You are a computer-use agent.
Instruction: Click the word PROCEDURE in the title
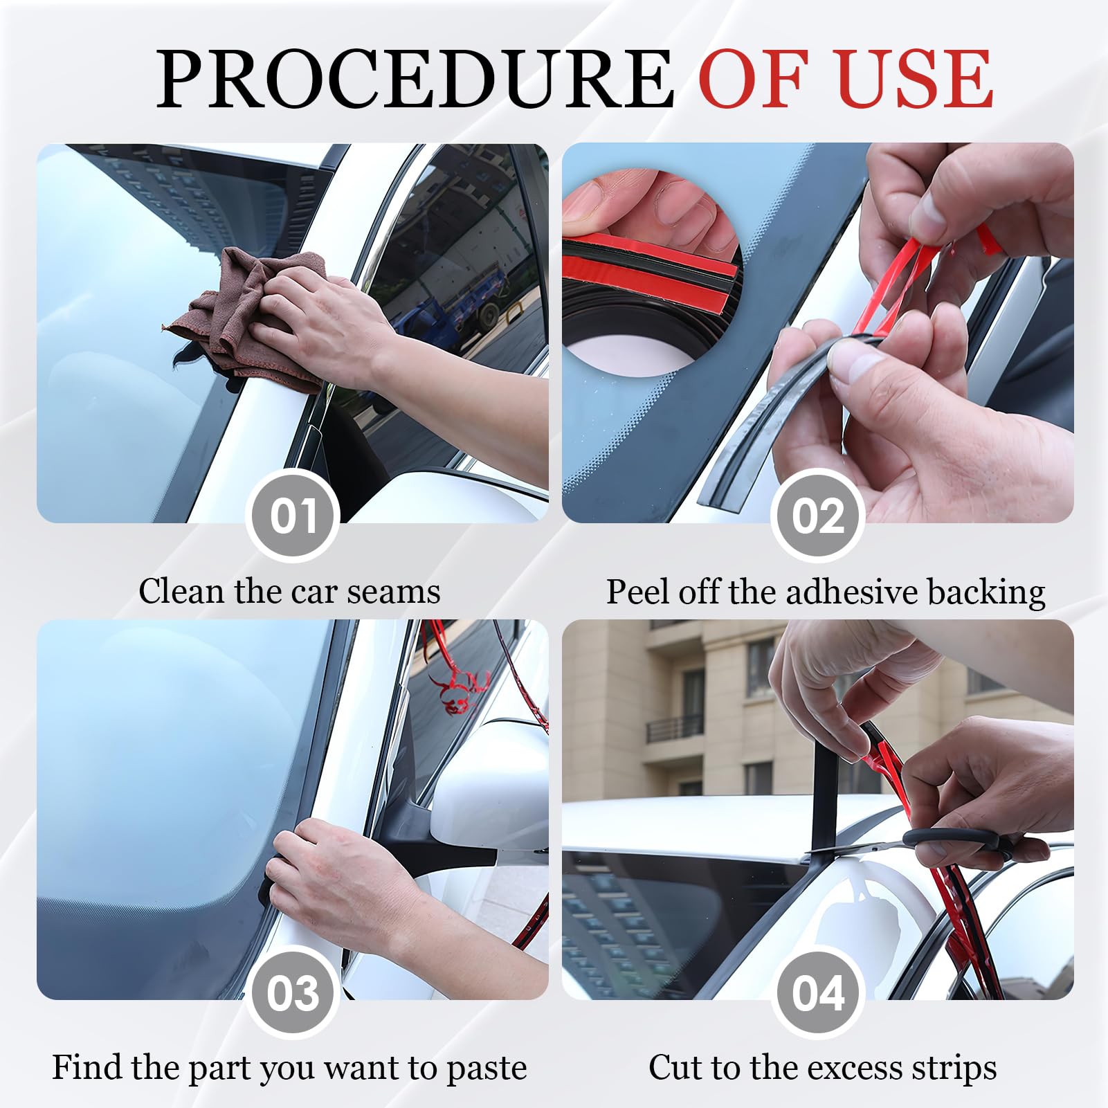point(415,78)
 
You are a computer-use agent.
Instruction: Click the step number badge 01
point(293,516)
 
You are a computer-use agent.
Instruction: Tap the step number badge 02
point(818,516)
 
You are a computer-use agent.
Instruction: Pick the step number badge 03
point(293,992)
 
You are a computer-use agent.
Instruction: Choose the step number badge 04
point(818,992)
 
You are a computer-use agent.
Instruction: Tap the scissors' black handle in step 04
point(976,844)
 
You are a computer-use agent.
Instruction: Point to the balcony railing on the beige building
point(674,728)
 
